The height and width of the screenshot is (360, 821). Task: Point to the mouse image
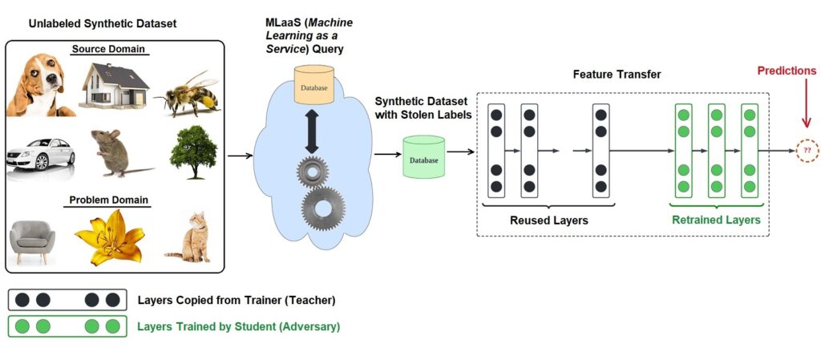pos(116,152)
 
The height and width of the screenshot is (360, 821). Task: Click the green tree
pos(194,149)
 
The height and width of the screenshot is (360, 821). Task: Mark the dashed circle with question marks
pos(806,150)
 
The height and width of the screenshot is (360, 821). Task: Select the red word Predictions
pos(787,71)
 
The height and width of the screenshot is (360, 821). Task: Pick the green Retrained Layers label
pos(715,219)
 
